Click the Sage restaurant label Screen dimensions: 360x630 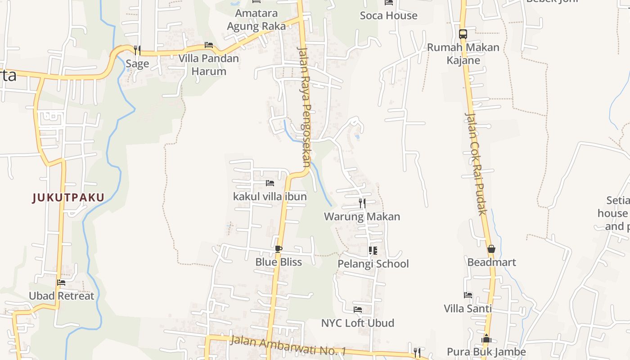(137, 63)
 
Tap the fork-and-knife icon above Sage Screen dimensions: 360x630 (137, 50)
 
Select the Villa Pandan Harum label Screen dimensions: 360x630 (208, 64)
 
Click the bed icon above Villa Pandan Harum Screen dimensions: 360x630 (208, 45)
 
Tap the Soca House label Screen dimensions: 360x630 (388, 16)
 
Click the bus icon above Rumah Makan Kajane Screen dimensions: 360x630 (463, 34)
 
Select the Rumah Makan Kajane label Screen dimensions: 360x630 (463, 54)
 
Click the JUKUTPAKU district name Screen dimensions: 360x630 (68, 197)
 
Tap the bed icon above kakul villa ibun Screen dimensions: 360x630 (270, 183)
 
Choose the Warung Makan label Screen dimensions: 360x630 (362, 216)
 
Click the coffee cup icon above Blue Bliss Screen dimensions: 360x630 (279, 249)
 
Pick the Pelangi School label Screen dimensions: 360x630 (373, 264)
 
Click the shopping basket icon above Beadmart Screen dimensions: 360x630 (491, 249)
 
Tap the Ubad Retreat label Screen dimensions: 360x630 (62, 296)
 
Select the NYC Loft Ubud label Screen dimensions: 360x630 (357, 323)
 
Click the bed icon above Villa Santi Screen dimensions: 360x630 (468, 295)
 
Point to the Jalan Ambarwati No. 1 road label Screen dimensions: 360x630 (288, 345)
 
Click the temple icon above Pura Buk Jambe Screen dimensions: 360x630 (486, 339)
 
